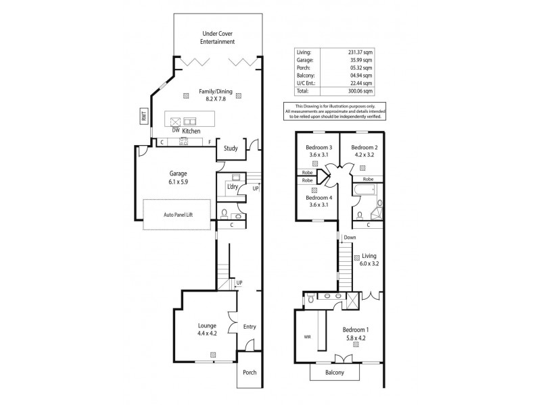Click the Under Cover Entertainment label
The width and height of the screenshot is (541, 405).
[217, 37]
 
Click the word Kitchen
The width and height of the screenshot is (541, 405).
[191, 130]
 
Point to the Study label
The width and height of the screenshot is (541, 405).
[231, 149]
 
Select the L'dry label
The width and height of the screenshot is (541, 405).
[233, 186]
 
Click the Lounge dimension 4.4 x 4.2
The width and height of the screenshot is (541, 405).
[208, 333]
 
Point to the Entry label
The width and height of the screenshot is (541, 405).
[250, 327]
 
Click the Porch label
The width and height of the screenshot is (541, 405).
[250, 372]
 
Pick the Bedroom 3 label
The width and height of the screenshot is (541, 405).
[319, 147]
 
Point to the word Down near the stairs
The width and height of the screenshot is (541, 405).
[350, 238]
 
